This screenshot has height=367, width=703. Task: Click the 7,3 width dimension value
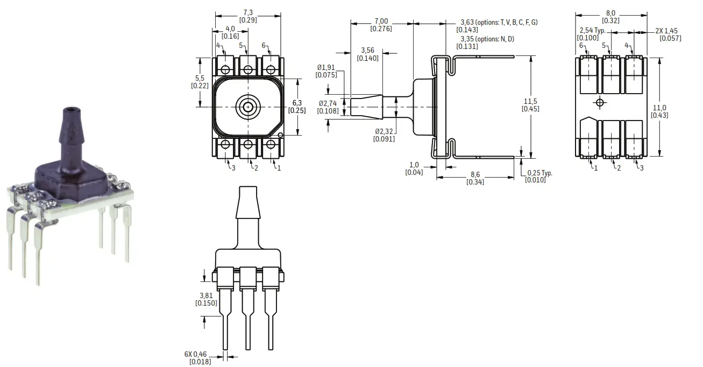247,12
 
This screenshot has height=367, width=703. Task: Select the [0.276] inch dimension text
383,29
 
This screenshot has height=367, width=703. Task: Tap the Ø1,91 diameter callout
326,67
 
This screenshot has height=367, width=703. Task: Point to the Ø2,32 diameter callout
384,131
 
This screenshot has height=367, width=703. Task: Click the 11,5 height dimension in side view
530,101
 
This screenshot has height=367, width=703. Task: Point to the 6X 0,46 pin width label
195,355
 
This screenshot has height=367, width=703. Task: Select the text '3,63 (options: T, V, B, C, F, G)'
499,22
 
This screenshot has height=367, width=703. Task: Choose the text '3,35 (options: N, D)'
485,39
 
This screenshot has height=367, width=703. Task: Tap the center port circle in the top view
247,107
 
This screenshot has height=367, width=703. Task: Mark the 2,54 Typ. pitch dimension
592,31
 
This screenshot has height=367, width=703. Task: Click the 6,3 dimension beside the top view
298,102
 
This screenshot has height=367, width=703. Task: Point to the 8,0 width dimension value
610,13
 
